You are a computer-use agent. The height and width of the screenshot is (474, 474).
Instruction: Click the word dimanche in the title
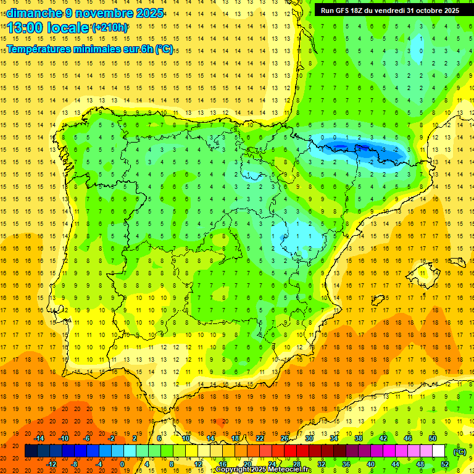click(34, 13)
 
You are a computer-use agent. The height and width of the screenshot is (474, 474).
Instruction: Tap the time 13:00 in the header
click(27, 28)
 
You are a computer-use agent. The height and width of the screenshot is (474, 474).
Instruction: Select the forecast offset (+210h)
click(109, 28)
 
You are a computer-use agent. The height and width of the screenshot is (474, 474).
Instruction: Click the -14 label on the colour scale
click(39, 438)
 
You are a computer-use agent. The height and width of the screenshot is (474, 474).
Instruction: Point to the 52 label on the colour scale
click(445, 464)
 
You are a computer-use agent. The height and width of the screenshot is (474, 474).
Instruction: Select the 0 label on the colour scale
click(122, 464)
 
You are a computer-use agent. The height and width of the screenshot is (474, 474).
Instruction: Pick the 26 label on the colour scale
click(285, 438)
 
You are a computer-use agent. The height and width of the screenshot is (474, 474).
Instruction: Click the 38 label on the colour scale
click(359, 438)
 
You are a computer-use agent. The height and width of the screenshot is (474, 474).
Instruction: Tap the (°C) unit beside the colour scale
click(460, 451)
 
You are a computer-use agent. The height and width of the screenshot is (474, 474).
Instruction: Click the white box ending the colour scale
click(438, 451)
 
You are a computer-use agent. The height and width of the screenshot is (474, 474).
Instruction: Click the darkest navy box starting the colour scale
click(31, 451)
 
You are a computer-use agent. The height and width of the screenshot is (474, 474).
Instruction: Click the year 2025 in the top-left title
click(150, 13)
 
